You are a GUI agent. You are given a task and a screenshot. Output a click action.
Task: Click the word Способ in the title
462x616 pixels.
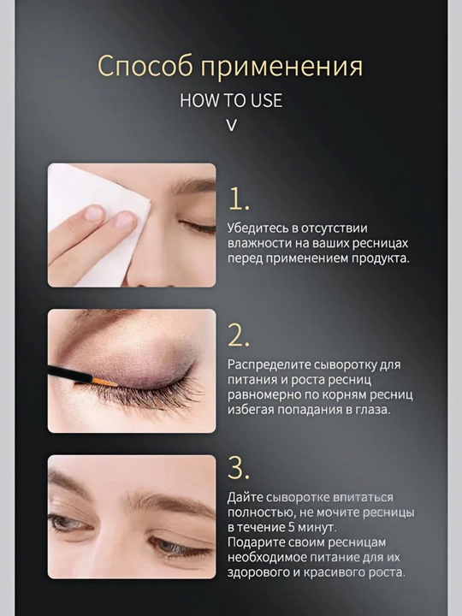click(x=145, y=66)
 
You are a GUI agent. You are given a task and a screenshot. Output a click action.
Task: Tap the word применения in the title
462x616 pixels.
click(x=281, y=67)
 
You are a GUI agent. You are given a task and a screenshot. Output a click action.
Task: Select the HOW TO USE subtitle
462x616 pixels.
click(x=231, y=101)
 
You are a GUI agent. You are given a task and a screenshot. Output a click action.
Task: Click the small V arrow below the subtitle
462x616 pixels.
click(x=232, y=125)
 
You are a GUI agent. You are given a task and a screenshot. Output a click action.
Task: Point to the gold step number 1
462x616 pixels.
click(x=238, y=198)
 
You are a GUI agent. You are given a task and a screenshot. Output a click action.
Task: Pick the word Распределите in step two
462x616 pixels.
click(x=269, y=365)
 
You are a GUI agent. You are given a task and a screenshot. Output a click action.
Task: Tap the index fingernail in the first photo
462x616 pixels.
click(x=125, y=220)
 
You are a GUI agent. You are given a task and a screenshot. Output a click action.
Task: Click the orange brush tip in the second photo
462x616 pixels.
click(x=104, y=382)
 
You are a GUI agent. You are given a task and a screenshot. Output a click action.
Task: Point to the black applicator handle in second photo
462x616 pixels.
click(x=70, y=374)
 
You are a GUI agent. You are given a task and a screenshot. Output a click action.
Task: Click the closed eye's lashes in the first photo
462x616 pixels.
click(x=198, y=228)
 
